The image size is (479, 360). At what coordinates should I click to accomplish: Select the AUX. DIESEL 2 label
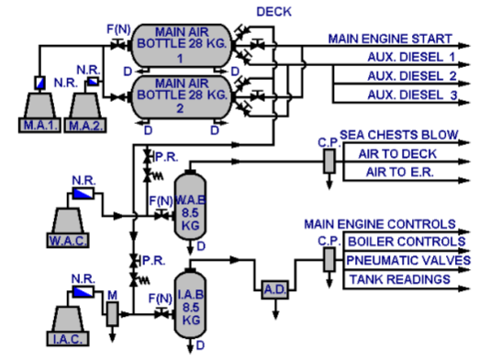point(412,76)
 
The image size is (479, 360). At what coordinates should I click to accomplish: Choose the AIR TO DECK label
point(387,153)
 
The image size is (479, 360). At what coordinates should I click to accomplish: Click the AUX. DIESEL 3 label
point(412,95)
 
